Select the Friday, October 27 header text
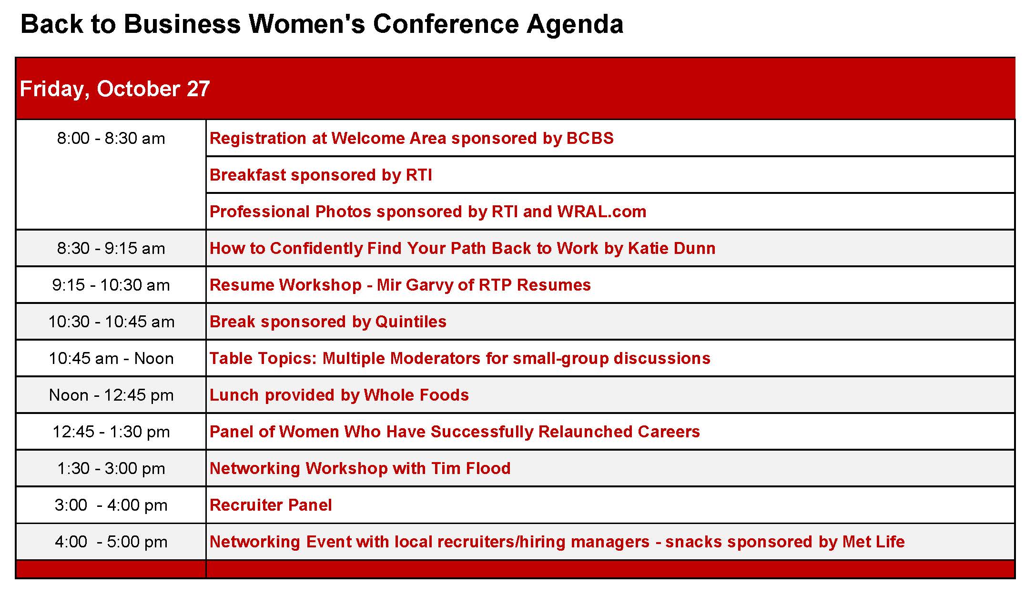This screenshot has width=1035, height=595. tap(115, 89)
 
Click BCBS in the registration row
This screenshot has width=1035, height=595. tap(590, 138)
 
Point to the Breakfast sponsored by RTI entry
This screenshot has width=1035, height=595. tap(321, 175)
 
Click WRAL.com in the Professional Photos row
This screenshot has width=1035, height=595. tap(602, 212)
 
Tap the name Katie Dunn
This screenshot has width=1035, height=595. tap(672, 248)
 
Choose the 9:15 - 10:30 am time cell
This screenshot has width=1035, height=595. tap(111, 285)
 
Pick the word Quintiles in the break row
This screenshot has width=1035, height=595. tap(411, 322)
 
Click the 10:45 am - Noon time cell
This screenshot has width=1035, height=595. tap(111, 359)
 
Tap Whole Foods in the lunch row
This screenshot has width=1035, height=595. tap(416, 395)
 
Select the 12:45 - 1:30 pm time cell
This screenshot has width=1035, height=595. tap(111, 432)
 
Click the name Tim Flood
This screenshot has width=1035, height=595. tap(471, 468)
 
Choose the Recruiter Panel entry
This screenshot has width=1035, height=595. tap(271, 505)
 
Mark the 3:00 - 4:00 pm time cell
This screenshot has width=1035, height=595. tap(111, 505)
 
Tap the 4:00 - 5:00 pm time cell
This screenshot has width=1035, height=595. tap(111, 542)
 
